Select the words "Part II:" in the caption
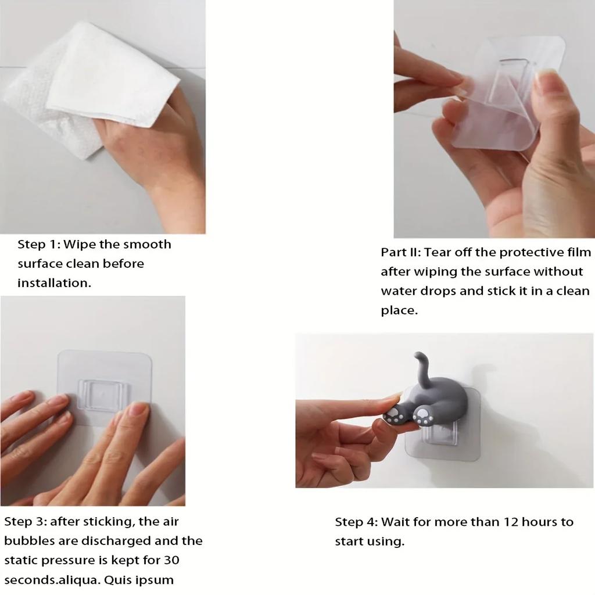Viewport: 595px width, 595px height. point(401,252)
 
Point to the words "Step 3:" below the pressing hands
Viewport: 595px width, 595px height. point(25,522)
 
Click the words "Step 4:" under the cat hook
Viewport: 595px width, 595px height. point(356,522)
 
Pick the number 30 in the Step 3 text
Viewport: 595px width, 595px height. point(171,561)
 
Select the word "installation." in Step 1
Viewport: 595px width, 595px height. point(54,283)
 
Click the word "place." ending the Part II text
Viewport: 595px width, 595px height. point(399,311)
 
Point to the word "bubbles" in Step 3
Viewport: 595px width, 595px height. point(29,541)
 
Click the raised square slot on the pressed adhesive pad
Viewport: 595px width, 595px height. point(102,395)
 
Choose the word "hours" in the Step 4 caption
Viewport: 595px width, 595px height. point(539,522)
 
